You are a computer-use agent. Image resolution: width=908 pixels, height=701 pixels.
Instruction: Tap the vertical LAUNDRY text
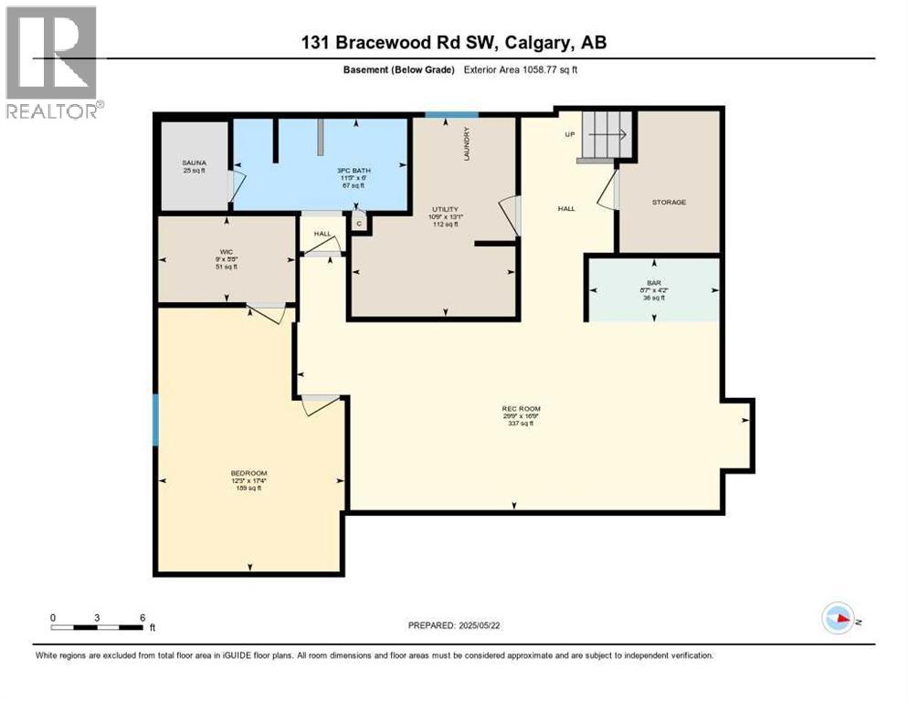coord(466,144)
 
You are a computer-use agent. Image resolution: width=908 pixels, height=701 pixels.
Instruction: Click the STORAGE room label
coord(669,202)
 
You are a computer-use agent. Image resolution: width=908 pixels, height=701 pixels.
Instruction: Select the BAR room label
coord(653,283)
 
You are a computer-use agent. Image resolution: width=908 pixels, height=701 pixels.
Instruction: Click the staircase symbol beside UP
coord(605,135)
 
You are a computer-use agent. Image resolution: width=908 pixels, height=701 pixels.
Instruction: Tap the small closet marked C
coord(359,223)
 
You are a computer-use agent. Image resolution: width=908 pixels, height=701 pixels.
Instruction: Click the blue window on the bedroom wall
coord(155,419)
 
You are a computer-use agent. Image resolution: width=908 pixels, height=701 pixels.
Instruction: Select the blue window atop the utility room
coord(451,114)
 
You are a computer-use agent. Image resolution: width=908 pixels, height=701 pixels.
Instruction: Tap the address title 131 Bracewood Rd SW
coord(454,42)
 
